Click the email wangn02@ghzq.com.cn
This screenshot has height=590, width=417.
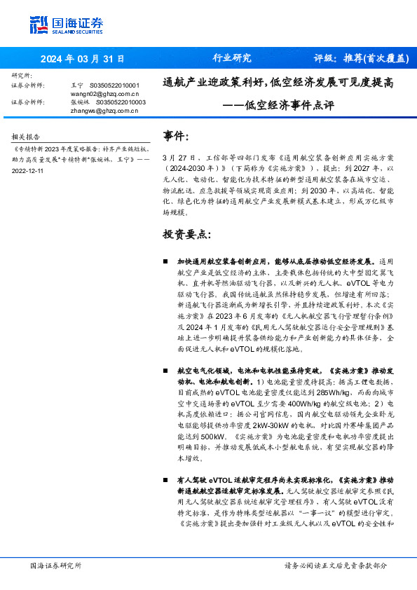click(105, 93)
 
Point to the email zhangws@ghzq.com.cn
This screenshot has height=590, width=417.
click(105, 110)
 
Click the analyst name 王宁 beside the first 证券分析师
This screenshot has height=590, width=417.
click(77, 85)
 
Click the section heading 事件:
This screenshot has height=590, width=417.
click(175, 135)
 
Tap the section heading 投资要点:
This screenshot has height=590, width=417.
click(186, 233)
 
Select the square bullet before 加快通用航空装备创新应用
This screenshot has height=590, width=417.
click(165, 260)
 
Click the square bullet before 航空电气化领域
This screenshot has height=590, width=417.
click(165, 369)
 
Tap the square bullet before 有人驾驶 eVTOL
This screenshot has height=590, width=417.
click(165, 480)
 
